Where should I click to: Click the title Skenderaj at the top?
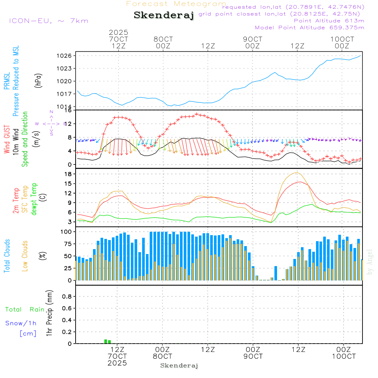(164, 15)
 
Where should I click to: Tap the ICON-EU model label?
(49, 21)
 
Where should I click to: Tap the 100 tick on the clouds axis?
(67, 232)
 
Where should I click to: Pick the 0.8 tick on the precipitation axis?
(67, 296)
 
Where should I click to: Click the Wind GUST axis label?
(7, 140)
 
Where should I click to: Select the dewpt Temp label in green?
(34, 199)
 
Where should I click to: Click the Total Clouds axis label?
(7, 256)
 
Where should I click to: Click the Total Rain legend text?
(25, 310)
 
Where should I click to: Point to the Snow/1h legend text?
(21, 323)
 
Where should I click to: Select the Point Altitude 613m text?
(329, 21)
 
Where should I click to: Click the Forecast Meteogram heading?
(176, 4)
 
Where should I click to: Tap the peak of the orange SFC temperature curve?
(297, 173)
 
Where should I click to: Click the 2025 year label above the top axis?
(119, 33)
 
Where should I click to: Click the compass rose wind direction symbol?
(51, 124)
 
